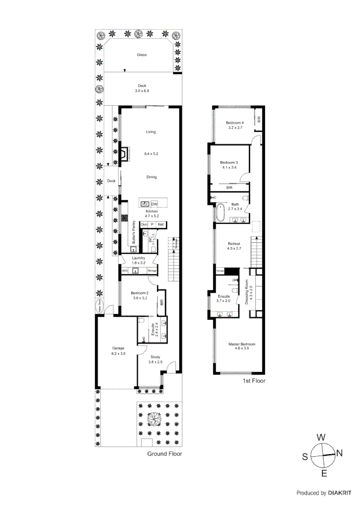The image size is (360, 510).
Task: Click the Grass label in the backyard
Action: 142,55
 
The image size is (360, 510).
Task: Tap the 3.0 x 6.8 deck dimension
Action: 142,91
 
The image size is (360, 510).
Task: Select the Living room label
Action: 151,132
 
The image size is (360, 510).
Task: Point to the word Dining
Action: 151,177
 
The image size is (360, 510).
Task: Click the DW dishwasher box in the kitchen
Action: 154,204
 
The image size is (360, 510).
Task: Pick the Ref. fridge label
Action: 161,224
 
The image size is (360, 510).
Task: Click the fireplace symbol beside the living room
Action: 124,154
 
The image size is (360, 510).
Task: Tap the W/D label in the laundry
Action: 125,271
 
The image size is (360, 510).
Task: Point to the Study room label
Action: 156,357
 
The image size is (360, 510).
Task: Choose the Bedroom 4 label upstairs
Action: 234,123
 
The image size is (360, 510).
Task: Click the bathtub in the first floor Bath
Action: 220,213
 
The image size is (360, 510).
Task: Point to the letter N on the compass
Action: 339,453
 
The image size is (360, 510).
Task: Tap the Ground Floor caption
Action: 164,453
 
